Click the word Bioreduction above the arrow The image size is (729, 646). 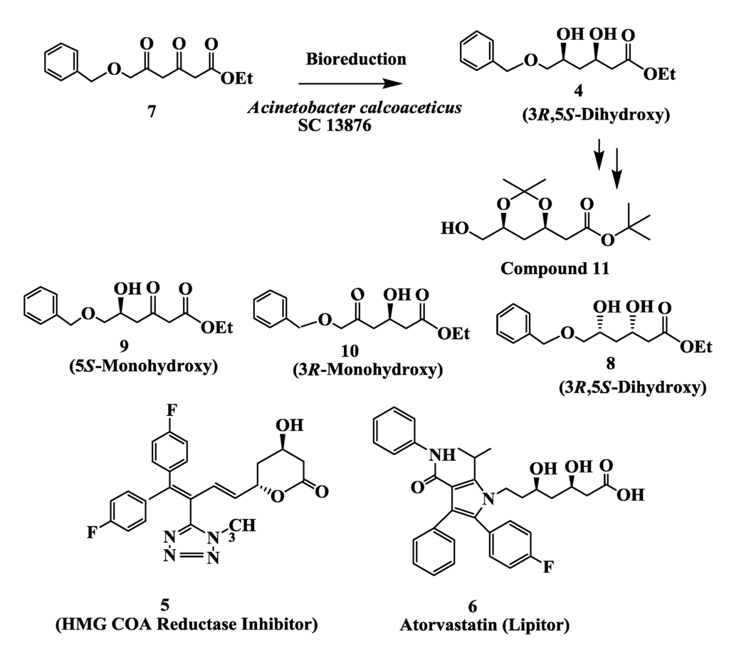pyautogui.click(x=356, y=59)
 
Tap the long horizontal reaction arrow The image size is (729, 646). pyautogui.click(x=342, y=84)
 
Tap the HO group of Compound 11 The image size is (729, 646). pyautogui.click(x=454, y=229)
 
